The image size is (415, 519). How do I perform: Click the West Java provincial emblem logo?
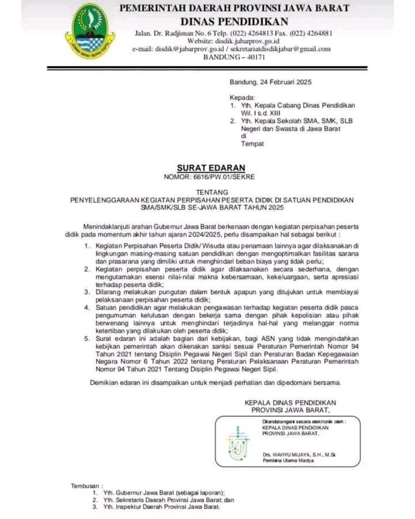pos(89,32)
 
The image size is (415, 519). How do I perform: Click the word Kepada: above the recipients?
pos(242,97)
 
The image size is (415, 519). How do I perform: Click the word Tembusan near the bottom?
pos(85,486)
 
